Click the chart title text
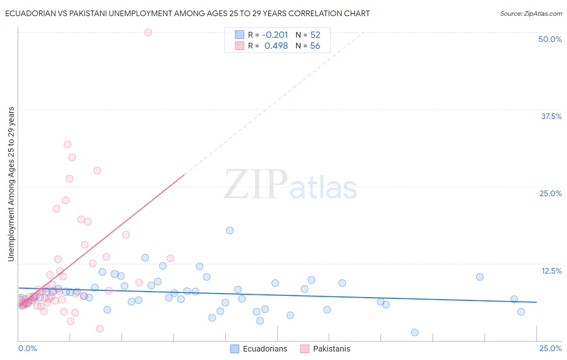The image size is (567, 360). tap(187, 13)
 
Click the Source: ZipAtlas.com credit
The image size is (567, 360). tap(531, 13)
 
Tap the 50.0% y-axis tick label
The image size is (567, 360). tap(550, 39)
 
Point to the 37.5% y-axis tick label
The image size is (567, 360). tap(551, 116)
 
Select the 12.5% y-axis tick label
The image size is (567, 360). tap(551, 271)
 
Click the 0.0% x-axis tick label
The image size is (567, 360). tap(27, 348)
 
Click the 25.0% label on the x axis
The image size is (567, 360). tap(550, 348)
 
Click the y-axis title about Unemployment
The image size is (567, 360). tap(11, 184)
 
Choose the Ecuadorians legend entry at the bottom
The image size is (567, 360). tap(259, 349)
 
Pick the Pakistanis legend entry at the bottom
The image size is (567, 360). tap(325, 349)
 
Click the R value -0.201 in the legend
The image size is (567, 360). tap(275, 35)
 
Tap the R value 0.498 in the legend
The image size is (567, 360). tap(276, 46)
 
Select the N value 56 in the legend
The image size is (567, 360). tap(315, 46)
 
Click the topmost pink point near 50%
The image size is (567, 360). tap(148, 32)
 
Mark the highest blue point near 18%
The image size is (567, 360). tap(230, 230)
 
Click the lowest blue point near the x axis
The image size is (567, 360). tap(415, 333)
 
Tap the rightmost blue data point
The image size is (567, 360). tap(521, 312)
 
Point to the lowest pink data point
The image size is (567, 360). tap(100, 329)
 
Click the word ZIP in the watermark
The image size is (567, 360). tap(256, 185)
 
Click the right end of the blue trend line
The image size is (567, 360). tap(536, 302)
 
